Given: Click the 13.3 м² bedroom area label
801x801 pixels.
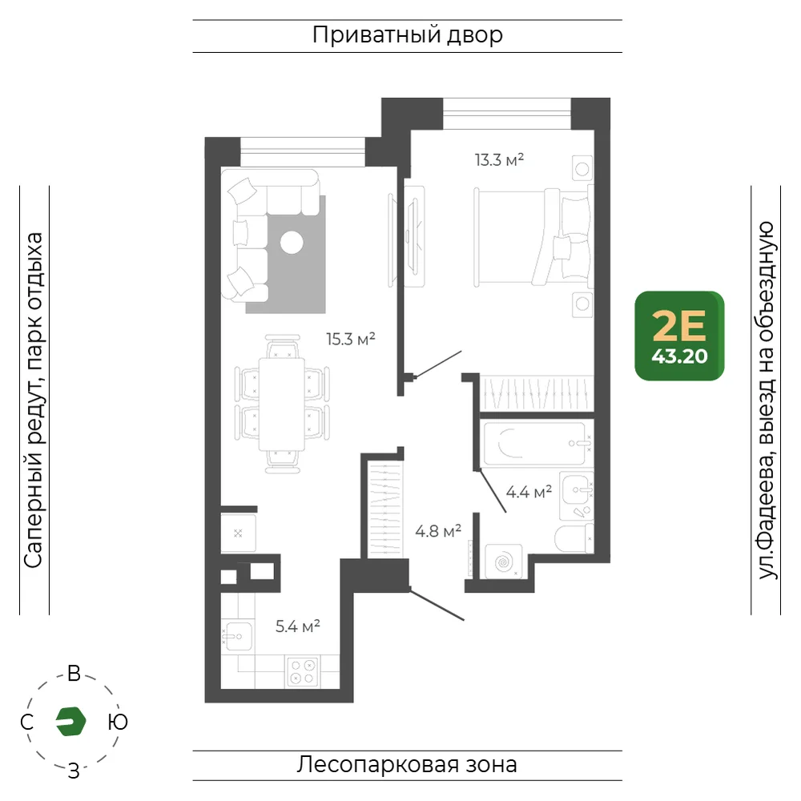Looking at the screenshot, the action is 499,160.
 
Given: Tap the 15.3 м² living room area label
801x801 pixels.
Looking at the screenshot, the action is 351,339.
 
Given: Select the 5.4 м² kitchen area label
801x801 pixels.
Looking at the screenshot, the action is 297,626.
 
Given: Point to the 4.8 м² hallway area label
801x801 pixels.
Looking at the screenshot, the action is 438,531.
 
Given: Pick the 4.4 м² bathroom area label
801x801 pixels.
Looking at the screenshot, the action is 529,492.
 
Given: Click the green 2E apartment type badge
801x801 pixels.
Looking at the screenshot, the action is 679,336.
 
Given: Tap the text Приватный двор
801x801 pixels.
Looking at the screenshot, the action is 407,35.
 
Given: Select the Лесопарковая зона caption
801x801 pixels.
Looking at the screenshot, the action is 407,765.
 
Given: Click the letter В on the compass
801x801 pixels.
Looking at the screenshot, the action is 74,674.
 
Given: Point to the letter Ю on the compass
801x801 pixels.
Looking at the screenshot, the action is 118,722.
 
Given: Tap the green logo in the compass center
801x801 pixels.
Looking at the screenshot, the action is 70,722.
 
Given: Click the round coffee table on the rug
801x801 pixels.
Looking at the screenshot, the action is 292,243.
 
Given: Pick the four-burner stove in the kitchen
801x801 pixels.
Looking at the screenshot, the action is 303,671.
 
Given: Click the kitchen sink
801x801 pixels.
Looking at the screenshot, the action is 237,636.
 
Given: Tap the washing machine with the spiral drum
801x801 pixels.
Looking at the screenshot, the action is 503,562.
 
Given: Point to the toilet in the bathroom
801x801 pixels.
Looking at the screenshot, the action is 574,538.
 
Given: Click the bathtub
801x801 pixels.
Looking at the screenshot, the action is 535,444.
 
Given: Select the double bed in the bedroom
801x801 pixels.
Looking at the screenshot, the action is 533,237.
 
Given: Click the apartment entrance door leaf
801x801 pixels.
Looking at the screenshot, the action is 437,606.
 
